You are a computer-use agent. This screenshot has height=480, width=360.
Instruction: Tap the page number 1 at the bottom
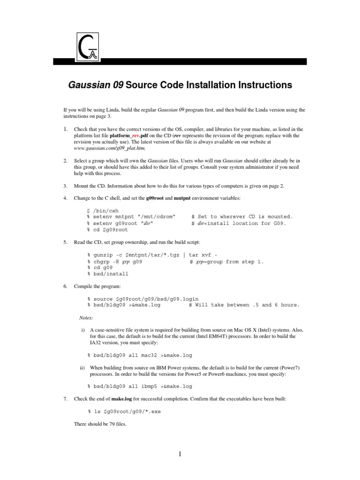[180, 453]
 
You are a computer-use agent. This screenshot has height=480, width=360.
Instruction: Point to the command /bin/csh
[103, 210]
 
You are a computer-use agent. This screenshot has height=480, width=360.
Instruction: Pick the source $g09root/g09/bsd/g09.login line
[143, 299]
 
